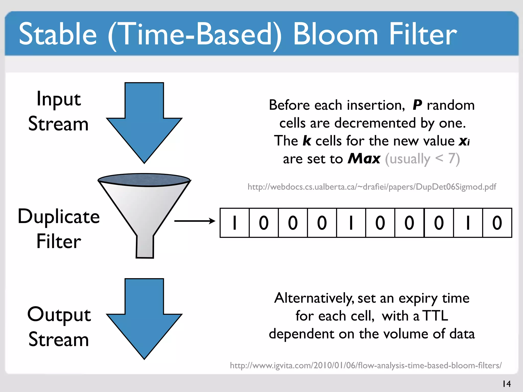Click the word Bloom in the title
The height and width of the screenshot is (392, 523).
pyautogui.click(x=335, y=34)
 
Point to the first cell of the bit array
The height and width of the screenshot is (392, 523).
pyautogui.click(x=234, y=223)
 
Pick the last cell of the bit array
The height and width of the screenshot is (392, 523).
pyautogui.click(x=497, y=223)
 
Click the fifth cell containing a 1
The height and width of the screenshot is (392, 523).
pyautogui.click(x=351, y=223)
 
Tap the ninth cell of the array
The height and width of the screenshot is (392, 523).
pyautogui.click(x=468, y=223)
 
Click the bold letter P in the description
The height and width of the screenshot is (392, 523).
pyautogui.click(x=417, y=105)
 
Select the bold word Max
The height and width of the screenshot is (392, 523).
pyautogui.click(x=364, y=159)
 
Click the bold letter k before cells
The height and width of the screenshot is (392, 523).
pyautogui.click(x=307, y=141)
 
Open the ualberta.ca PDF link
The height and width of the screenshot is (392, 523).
pyautogui.click(x=372, y=187)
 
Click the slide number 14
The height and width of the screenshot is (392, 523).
pyautogui.click(x=507, y=384)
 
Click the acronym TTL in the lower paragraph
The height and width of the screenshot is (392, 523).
pyautogui.click(x=435, y=316)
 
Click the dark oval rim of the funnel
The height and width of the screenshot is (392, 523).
pyautogui.click(x=144, y=179)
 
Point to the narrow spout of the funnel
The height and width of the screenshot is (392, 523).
pyautogui.click(x=145, y=246)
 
